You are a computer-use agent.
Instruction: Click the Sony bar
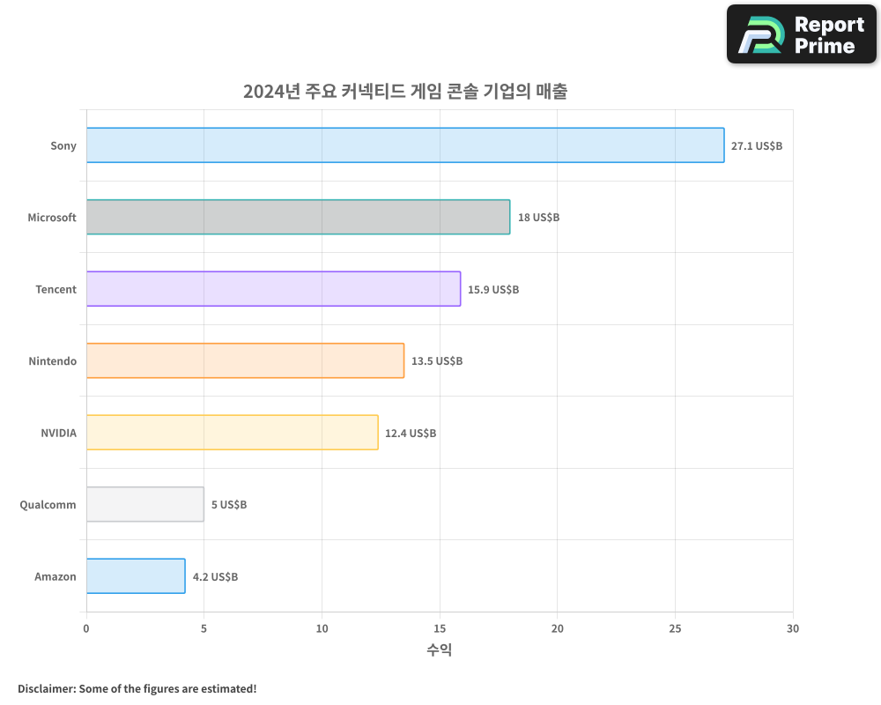(x=405, y=145)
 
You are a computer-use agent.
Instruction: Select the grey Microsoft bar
(x=298, y=217)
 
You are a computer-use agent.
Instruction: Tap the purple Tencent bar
(x=273, y=289)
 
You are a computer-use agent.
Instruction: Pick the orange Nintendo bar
(x=245, y=360)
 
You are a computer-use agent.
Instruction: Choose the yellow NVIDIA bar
(x=232, y=433)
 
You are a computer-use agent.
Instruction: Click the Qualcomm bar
(x=145, y=504)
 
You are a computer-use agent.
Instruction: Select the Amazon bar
(x=136, y=576)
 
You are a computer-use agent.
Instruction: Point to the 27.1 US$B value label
(x=756, y=146)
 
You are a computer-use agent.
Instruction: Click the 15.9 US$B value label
(x=493, y=290)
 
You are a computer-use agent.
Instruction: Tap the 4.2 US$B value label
(x=215, y=577)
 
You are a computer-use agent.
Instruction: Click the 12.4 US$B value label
(x=411, y=434)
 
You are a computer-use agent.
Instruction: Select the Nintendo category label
(x=52, y=361)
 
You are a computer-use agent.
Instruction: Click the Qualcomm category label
(x=48, y=505)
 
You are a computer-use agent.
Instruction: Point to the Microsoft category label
(x=52, y=218)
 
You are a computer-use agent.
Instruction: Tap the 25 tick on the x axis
(x=675, y=629)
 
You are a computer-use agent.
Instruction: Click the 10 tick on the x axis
(x=322, y=629)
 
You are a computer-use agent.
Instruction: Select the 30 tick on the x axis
(x=793, y=629)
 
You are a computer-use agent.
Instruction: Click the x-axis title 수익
(x=440, y=650)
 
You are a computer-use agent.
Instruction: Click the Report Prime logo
(x=801, y=34)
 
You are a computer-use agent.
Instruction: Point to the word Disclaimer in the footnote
(x=45, y=688)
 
